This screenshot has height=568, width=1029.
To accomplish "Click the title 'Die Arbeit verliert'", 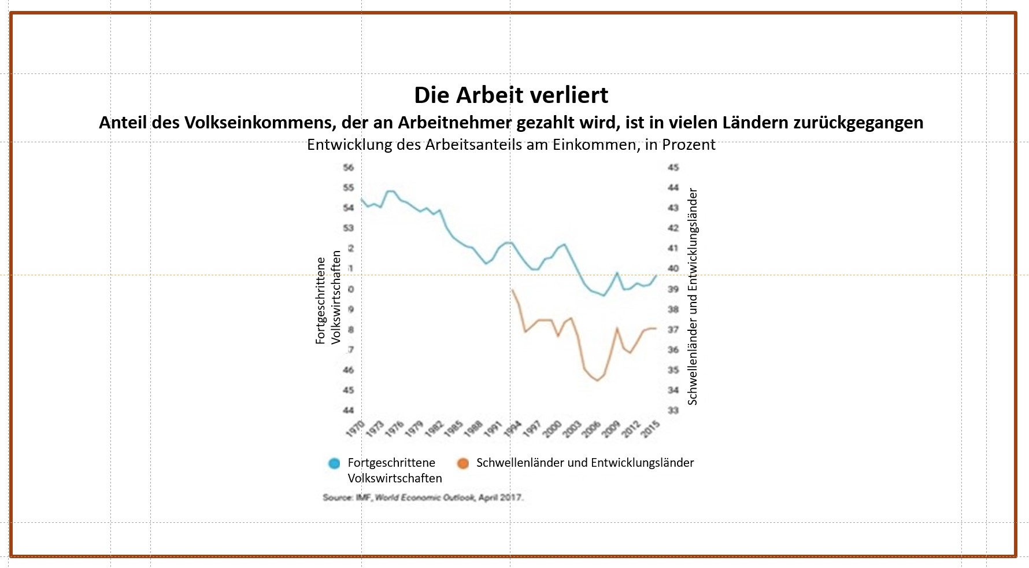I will click(x=511, y=95).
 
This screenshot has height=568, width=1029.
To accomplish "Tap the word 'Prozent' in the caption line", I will click(x=689, y=145).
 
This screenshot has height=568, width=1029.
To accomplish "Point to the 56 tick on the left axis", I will click(x=348, y=168).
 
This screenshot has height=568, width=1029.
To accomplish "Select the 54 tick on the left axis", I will click(x=348, y=208).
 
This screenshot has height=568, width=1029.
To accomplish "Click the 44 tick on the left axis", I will click(x=348, y=410).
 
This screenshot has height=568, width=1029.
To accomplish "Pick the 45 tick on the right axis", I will click(x=673, y=168).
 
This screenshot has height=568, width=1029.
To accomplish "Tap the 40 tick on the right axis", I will click(x=673, y=268).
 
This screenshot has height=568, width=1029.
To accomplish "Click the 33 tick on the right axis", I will click(x=673, y=410).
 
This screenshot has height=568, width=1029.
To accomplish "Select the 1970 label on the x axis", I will click(x=355, y=429).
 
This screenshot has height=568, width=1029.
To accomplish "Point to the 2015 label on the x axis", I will click(x=651, y=429).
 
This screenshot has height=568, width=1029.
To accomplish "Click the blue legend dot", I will click(x=334, y=463).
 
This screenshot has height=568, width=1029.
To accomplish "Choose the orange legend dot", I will click(x=462, y=463).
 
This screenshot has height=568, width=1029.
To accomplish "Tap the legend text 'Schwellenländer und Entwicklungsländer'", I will click(x=585, y=463).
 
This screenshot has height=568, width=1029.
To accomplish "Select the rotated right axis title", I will click(x=693, y=296).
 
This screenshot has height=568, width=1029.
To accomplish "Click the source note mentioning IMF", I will click(x=423, y=497).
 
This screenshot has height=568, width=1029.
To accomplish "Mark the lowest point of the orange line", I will click(x=597, y=381).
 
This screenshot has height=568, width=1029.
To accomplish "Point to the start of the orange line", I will click(x=512, y=289).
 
